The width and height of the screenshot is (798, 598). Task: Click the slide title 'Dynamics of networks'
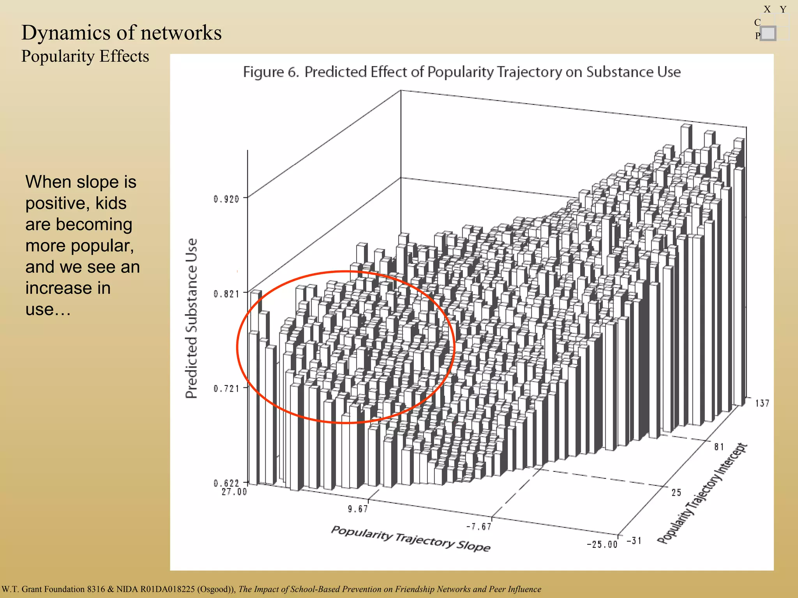121,33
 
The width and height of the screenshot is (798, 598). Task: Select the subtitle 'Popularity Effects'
85,56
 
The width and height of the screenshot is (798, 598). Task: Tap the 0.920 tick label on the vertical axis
226,199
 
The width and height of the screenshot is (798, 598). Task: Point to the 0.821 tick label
226,294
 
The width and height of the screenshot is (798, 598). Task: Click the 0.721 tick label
226,389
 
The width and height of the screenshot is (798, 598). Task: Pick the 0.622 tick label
226,483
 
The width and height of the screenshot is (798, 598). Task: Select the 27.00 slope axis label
234,492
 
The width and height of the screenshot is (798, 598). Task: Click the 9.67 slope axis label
358,509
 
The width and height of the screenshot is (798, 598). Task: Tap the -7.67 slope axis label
479,527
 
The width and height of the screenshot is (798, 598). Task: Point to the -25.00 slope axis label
602,544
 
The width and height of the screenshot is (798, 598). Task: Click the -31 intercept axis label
634,540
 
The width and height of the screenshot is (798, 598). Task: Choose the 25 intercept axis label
676,492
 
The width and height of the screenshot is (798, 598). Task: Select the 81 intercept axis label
719,447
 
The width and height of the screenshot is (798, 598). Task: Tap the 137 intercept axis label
762,403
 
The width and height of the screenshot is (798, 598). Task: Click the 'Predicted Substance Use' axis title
191,318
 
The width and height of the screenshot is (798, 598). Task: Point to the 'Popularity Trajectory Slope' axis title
411,538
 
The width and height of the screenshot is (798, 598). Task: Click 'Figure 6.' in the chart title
270,72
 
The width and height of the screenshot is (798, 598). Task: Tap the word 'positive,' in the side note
76,203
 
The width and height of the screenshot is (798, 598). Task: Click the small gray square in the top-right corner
768,33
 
